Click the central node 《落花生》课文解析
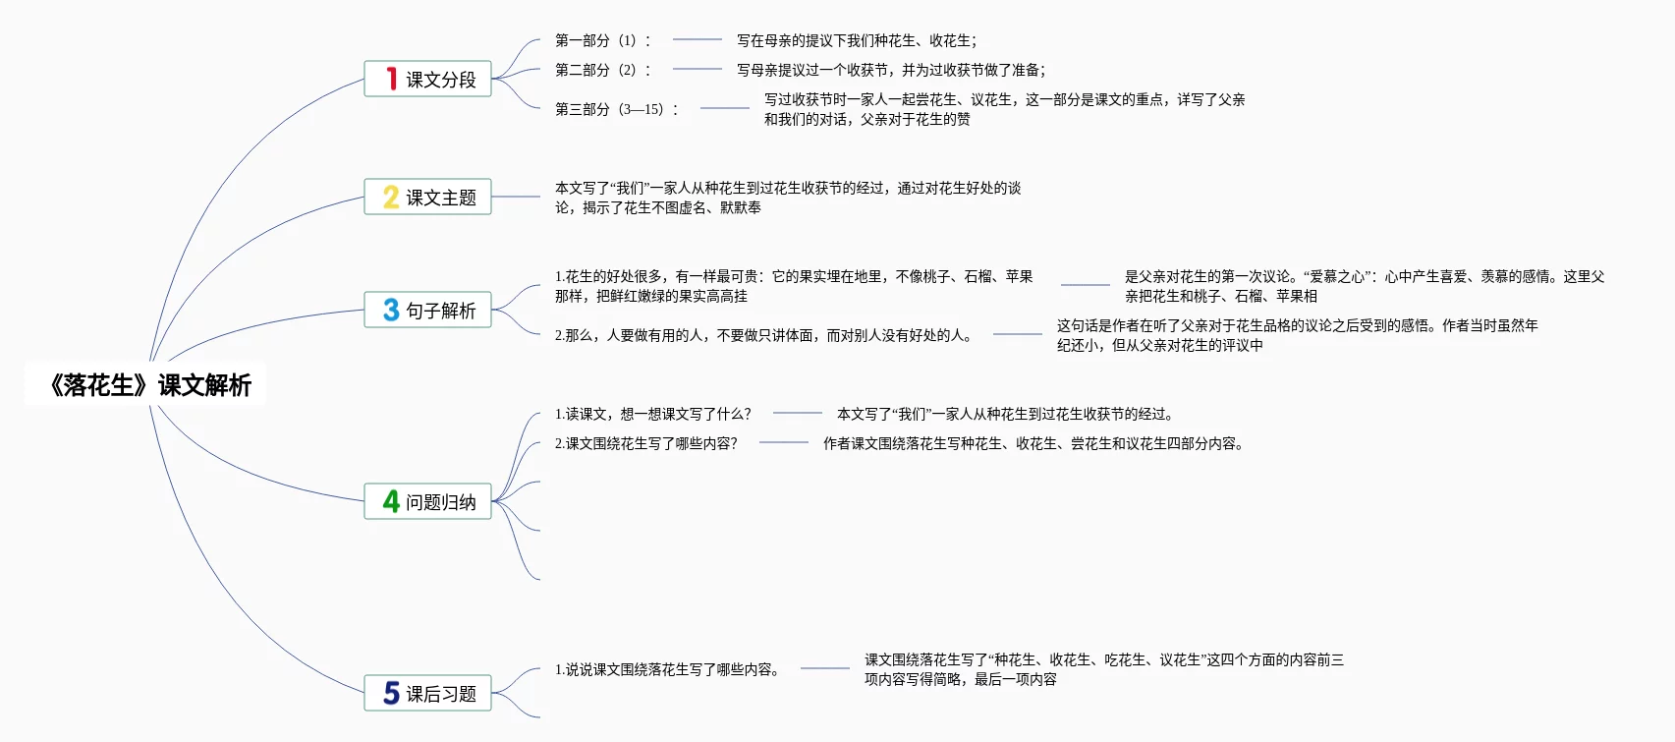point(149,385)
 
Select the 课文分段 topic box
point(427,79)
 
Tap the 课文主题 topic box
point(427,197)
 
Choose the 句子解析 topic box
point(427,310)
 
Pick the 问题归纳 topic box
point(427,501)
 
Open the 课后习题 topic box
point(427,693)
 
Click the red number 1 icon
point(391,79)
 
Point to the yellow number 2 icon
point(391,197)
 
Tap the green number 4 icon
point(391,501)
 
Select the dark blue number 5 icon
point(391,693)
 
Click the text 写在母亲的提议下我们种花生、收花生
point(857,40)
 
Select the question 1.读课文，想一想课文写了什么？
point(653,414)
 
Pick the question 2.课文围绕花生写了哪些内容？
point(646,443)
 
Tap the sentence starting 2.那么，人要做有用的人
point(764,335)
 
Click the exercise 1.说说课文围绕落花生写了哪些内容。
point(668,669)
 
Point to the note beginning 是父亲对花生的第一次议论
point(1365,286)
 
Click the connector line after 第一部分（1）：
point(698,39)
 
